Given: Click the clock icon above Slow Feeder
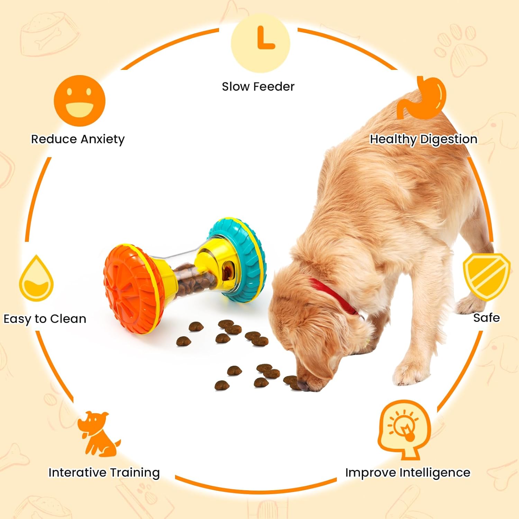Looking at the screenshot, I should tap(260, 43).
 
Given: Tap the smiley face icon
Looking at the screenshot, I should tap(80, 101).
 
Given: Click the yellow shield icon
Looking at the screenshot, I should tap(486, 276).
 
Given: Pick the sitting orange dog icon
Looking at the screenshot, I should tap(98, 434).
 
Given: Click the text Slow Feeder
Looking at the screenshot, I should tap(258, 86).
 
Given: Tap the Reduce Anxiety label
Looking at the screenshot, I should tap(78, 139).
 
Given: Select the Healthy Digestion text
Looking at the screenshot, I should tap(424, 139).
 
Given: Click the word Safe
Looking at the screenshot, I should tap(486, 318).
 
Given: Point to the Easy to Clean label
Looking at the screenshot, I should tap(45, 319).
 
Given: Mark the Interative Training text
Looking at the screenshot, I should tap(104, 472).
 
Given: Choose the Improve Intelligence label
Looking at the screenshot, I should tap(408, 472).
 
